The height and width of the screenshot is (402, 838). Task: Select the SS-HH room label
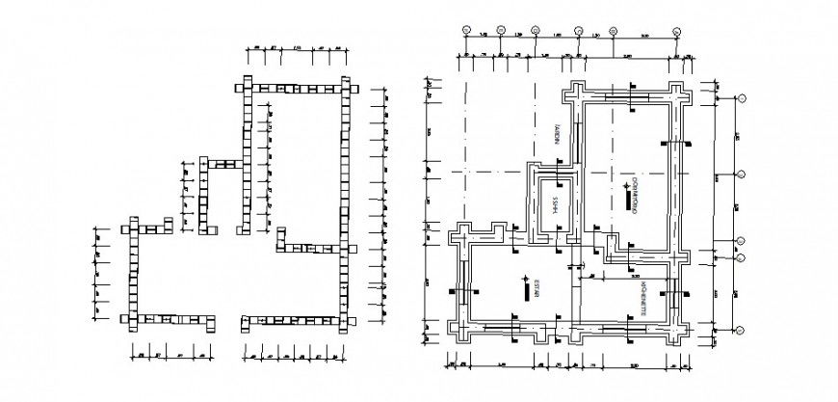point(553,203)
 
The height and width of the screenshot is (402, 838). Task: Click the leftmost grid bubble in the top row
point(464,31)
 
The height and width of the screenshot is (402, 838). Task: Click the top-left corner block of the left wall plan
point(245,88)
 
